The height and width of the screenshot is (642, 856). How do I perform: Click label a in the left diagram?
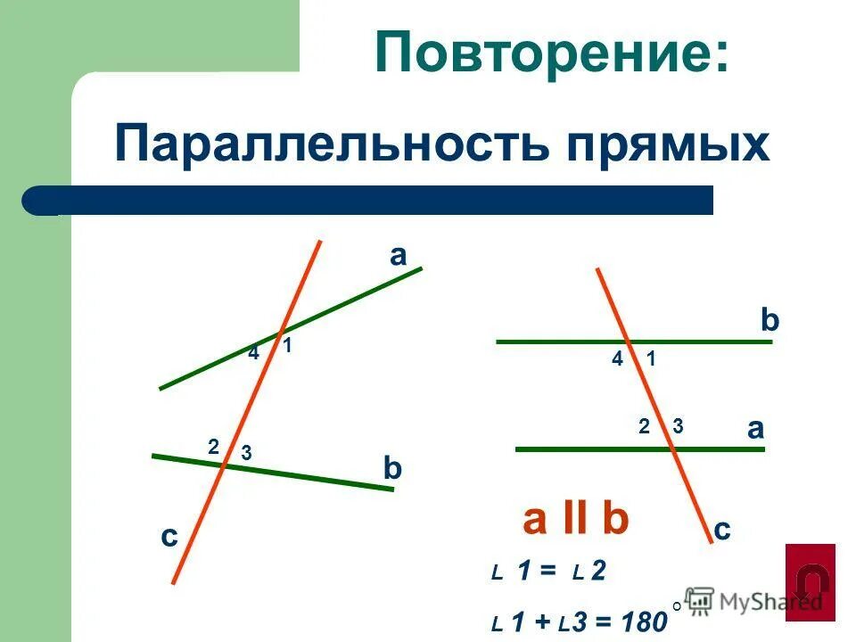(x=398, y=257)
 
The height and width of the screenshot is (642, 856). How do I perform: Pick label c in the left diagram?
(x=169, y=537)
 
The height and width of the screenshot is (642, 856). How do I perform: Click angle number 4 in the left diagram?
(x=253, y=353)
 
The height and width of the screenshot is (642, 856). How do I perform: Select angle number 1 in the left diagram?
(x=288, y=346)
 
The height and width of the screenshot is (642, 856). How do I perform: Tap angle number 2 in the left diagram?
(x=213, y=447)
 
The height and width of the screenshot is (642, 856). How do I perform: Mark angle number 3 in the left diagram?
(x=246, y=454)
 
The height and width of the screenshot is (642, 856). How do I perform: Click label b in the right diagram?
(x=770, y=321)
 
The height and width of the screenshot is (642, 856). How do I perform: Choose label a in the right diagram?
(x=756, y=429)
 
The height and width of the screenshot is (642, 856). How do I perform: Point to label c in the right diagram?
(x=722, y=530)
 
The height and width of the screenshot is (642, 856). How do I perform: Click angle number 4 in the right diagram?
(x=618, y=359)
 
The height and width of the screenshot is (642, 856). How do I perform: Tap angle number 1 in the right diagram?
(x=652, y=359)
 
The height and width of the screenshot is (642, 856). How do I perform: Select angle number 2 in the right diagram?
(x=644, y=426)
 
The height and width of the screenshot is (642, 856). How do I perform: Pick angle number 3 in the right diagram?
(x=678, y=426)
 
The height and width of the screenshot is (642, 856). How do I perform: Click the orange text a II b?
(x=576, y=520)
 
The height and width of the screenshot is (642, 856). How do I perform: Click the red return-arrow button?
(x=811, y=581)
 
